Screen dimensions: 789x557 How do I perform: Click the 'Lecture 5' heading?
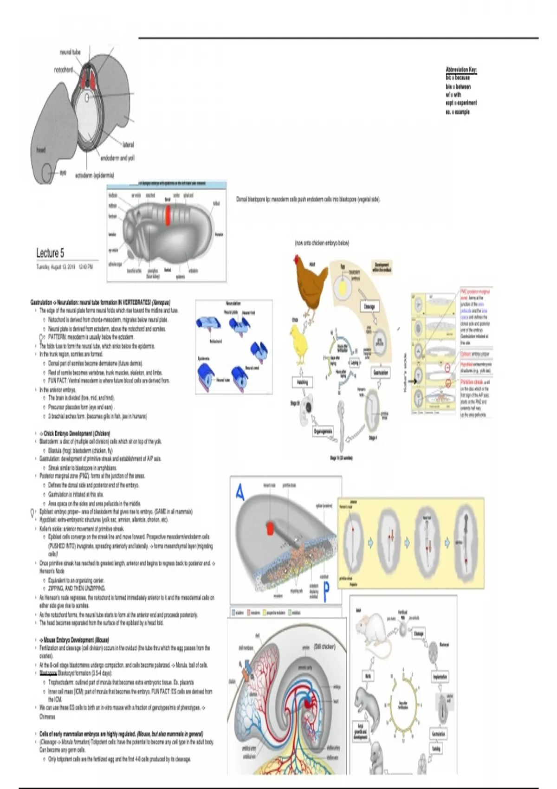tap(50, 253)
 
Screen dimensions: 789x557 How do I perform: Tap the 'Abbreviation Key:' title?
tap(461, 70)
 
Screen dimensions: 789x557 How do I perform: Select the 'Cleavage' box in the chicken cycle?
tap(369, 307)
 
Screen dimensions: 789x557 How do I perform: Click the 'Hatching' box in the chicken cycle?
tap(302, 382)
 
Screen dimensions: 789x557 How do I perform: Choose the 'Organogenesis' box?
tap(323, 431)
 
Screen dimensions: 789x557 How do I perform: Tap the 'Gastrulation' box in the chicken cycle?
tap(381, 372)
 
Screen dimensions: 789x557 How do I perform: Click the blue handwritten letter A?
tap(240, 492)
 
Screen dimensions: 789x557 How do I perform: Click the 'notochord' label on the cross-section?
tap(64, 70)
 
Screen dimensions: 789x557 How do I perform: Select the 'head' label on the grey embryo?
tap(41, 150)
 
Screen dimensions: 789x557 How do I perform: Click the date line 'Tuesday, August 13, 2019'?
tap(56, 267)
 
